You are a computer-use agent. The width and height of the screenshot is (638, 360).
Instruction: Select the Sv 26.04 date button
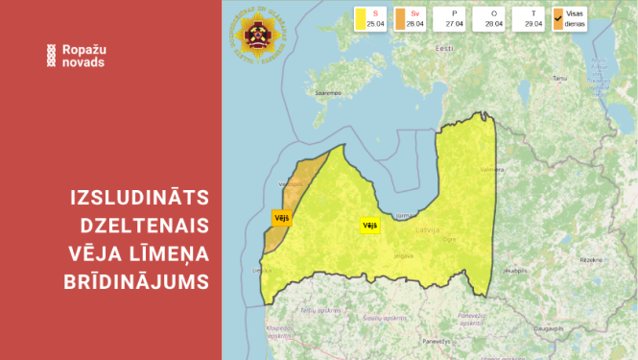click(x=407, y=18)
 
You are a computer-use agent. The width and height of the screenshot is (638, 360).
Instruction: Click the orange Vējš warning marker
click(x=282, y=218)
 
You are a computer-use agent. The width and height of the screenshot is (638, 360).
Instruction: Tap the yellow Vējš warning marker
click(x=369, y=226)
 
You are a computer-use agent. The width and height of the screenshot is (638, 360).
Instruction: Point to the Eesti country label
click(x=444, y=47)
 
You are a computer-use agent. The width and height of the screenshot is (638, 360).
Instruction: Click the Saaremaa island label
click(x=328, y=93)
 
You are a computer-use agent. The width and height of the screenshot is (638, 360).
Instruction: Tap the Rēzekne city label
click(x=590, y=259)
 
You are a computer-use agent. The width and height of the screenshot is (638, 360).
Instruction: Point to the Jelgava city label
click(x=403, y=255)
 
